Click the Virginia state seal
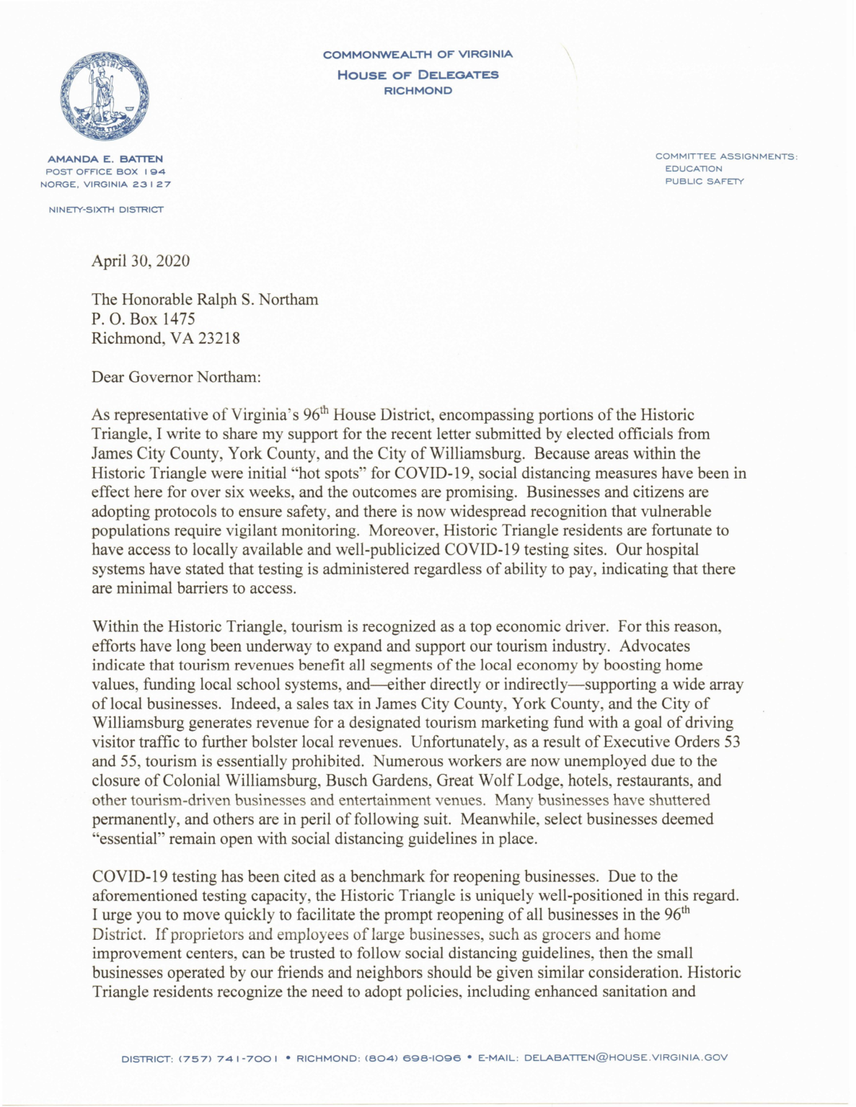pyautogui.click(x=105, y=96)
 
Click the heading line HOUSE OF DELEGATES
pyautogui.click(x=418, y=75)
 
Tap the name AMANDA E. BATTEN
pyautogui.click(x=105, y=159)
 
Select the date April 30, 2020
pyautogui.click(x=141, y=261)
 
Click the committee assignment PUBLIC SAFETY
pyautogui.click(x=704, y=182)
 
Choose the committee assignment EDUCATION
pyautogui.click(x=693, y=169)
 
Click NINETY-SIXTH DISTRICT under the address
pyautogui.click(x=105, y=210)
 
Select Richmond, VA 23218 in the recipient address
pyautogui.click(x=165, y=338)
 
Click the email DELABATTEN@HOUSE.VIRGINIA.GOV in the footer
pyautogui.click(x=625, y=1058)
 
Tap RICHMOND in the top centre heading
pyautogui.click(x=418, y=91)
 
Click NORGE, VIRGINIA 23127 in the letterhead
pyautogui.click(x=105, y=184)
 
